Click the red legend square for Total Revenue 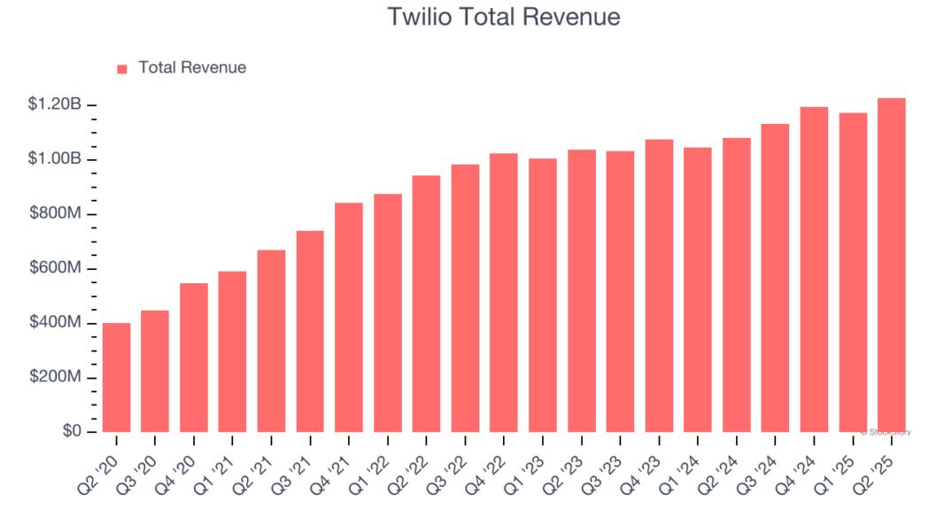tap(122, 68)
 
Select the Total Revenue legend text tap(192, 67)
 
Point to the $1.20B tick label tap(55, 105)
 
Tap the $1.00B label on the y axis tap(55, 159)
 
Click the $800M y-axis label tap(55, 214)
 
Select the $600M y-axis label tap(55, 268)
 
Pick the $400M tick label tap(55, 323)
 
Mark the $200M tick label tap(55, 377)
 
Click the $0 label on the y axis tap(72, 432)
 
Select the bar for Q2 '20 tap(116, 378)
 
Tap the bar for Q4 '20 tap(194, 358)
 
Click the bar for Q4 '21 tap(349, 318)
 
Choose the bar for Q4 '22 tap(504, 293)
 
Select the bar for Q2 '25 tap(891, 265)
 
